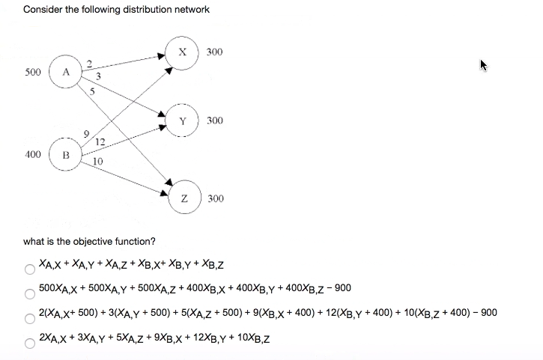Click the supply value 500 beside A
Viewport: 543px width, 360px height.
[x=32, y=73]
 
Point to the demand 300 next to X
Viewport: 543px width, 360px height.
[x=214, y=52]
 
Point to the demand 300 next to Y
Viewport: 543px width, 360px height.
[x=214, y=120]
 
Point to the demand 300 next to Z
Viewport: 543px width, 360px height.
[x=214, y=198]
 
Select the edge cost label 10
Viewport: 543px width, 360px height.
[x=99, y=161]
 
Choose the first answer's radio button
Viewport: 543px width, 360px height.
[x=30, y=268]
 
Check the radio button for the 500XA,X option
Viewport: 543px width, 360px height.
[x=30, y=291]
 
